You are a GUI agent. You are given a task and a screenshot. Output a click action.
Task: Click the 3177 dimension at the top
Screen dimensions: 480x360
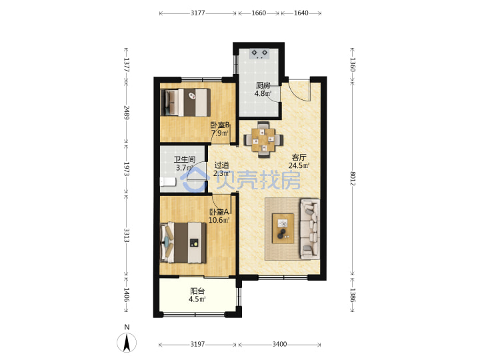pos(198,13)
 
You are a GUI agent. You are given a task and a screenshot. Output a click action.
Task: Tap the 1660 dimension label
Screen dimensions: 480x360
pos(259,13)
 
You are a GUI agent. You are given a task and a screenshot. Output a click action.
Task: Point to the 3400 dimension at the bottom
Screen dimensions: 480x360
pos(279,345)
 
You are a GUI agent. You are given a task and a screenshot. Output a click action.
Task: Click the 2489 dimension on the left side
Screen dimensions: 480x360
pos(127,113)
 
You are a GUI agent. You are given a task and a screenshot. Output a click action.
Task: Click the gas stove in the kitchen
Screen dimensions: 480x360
pos(259,53)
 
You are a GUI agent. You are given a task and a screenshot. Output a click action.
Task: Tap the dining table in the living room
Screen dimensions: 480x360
pos(263,139)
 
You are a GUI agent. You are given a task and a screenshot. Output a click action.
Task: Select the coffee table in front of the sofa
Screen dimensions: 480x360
pos(283,229)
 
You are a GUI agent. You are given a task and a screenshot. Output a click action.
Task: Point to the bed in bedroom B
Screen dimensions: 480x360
pos(185,103)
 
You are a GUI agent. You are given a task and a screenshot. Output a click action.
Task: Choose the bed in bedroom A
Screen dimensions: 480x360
pos(183,243)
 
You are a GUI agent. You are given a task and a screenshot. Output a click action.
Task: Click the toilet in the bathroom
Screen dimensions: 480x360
pos(168,182)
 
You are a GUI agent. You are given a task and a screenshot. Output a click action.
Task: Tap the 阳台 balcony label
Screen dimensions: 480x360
pos(197,291)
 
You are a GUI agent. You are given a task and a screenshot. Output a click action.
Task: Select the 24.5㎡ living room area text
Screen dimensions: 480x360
pos(299,165)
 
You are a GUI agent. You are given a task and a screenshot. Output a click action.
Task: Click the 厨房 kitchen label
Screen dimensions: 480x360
pos(263,85)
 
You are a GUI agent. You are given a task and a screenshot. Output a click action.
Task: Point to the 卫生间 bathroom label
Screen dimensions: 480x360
pos(184,159)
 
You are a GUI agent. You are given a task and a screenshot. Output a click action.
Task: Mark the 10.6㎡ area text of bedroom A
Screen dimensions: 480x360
pos(219,220)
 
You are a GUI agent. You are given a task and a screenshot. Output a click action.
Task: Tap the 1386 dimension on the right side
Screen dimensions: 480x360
pos(353,295)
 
